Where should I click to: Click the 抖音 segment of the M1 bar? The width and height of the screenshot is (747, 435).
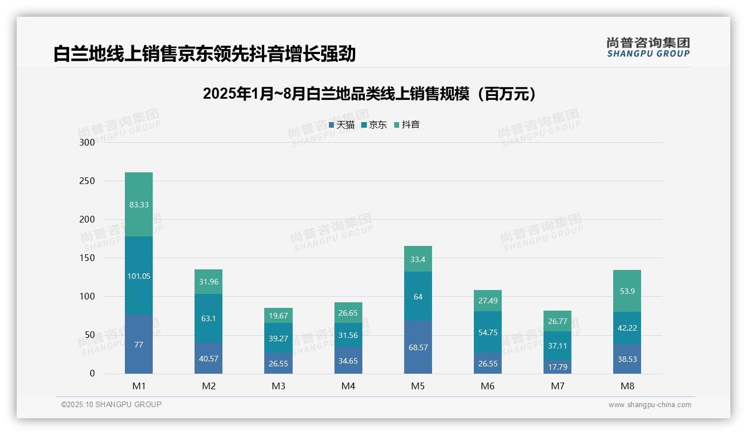[139, 204]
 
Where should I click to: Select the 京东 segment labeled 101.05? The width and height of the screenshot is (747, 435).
[139, 275]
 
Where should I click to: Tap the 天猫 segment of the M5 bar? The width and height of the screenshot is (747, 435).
[418, 347]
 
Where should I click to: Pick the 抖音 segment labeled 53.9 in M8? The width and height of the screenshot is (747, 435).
[627, 291]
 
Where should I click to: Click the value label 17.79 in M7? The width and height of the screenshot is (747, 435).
[557, 367]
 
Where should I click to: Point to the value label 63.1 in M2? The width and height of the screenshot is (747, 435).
[208, 319]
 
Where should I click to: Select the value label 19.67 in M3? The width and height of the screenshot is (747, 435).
[278, 316]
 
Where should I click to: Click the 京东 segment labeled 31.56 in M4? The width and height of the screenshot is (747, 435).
[348, 335]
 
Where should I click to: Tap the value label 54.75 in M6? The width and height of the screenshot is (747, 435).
[488, 332]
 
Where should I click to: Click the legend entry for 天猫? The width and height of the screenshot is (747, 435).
[342, 125]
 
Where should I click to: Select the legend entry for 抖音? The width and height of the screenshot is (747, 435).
[407, 125]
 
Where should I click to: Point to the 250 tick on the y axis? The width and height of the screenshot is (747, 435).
[88, 181]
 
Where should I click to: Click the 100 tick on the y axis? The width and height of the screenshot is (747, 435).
[88, 297]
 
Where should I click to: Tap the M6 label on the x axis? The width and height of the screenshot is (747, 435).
[488, 386]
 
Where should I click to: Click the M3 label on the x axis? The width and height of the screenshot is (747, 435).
[278, 386]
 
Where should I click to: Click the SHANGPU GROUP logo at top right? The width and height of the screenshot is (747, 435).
[648, 47]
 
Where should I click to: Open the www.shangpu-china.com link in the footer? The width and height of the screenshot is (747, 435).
[649, 405]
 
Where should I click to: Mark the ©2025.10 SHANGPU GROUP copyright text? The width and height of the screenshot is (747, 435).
[111, 404]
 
